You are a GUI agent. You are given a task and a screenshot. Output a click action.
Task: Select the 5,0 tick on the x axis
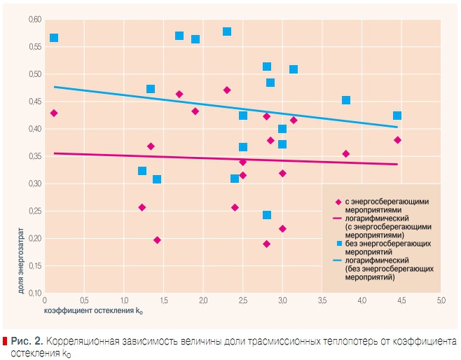pos(441,300)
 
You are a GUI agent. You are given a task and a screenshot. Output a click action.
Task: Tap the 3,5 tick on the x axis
pos(322,300)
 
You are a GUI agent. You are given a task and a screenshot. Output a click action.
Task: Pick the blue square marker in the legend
pos(338,243)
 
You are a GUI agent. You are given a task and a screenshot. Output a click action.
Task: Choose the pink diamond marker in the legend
pos(338,201)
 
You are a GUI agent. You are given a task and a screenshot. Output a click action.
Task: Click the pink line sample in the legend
pos(337,218)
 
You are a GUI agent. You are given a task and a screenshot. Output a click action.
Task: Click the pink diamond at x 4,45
pos(397,140)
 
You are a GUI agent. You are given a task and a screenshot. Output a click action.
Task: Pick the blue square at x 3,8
pos(345,100)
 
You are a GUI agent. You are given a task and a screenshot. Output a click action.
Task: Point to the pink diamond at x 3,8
pos(345,153)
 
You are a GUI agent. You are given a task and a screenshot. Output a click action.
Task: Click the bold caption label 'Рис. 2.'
pos(27,340)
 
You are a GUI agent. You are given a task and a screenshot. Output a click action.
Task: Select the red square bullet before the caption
pos(5,340)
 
